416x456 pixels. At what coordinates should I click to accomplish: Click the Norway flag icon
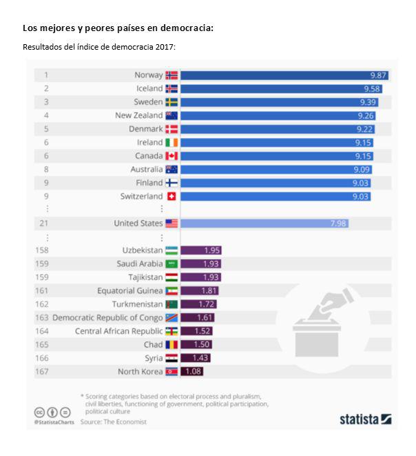[171, 75]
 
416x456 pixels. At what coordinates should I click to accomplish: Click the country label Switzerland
[141, 197]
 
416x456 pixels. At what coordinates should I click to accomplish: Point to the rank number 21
[46, 224]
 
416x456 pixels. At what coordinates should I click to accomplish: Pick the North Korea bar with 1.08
[192, 372]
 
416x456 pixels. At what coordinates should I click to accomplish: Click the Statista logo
[365, 418]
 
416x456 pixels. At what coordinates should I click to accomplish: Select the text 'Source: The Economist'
[114, 422]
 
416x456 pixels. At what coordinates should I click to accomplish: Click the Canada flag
[171, 156]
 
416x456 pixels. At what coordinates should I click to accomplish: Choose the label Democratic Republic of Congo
[107, 318]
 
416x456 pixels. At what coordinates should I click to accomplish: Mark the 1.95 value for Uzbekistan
[211, 250]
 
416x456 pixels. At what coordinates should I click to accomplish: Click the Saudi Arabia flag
[171, 264]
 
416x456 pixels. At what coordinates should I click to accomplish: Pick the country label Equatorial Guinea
[130, 291]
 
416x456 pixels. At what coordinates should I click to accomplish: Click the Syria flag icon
[171, 359]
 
